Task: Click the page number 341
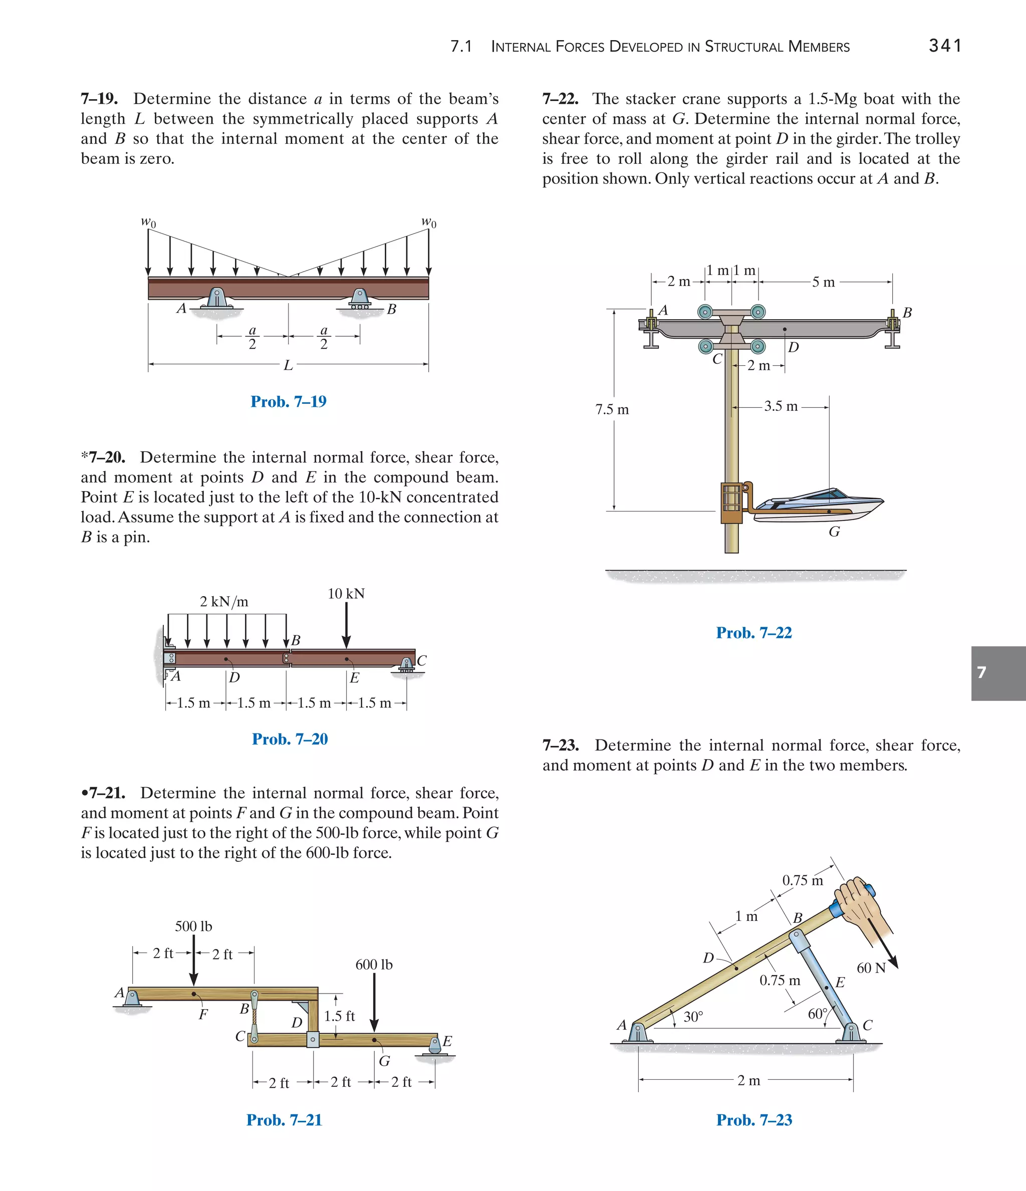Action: coord(945,46)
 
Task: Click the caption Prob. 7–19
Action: coord(288,401)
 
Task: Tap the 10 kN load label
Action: coord(346,594)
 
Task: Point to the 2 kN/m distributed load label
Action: coord(224,602)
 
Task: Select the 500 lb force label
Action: coord(194,926)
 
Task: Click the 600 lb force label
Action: coord(374,965)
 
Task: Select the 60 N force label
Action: coord(871,968)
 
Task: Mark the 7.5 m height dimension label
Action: coord(612,410)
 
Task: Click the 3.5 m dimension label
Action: coord(781,406)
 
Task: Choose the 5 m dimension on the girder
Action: coord(823,282)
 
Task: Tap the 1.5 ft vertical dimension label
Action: coord(339,1016)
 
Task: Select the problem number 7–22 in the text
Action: coord(560,99)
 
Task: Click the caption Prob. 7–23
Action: coord(753,1120)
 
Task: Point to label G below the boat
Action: coord(834,532)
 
